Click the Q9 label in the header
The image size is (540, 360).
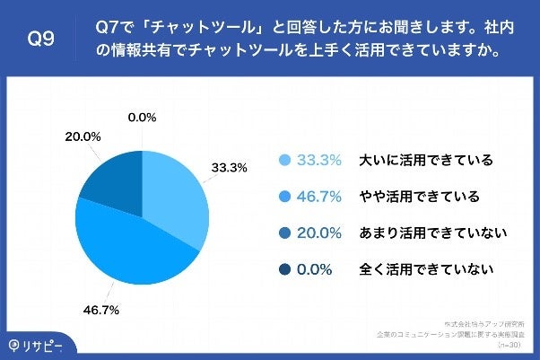[x=41, y=40]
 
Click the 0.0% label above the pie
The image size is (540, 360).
[x=143, y=117]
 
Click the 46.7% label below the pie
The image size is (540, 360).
[x=101, y=309]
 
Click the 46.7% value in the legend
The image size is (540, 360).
[x=319, y=197]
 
